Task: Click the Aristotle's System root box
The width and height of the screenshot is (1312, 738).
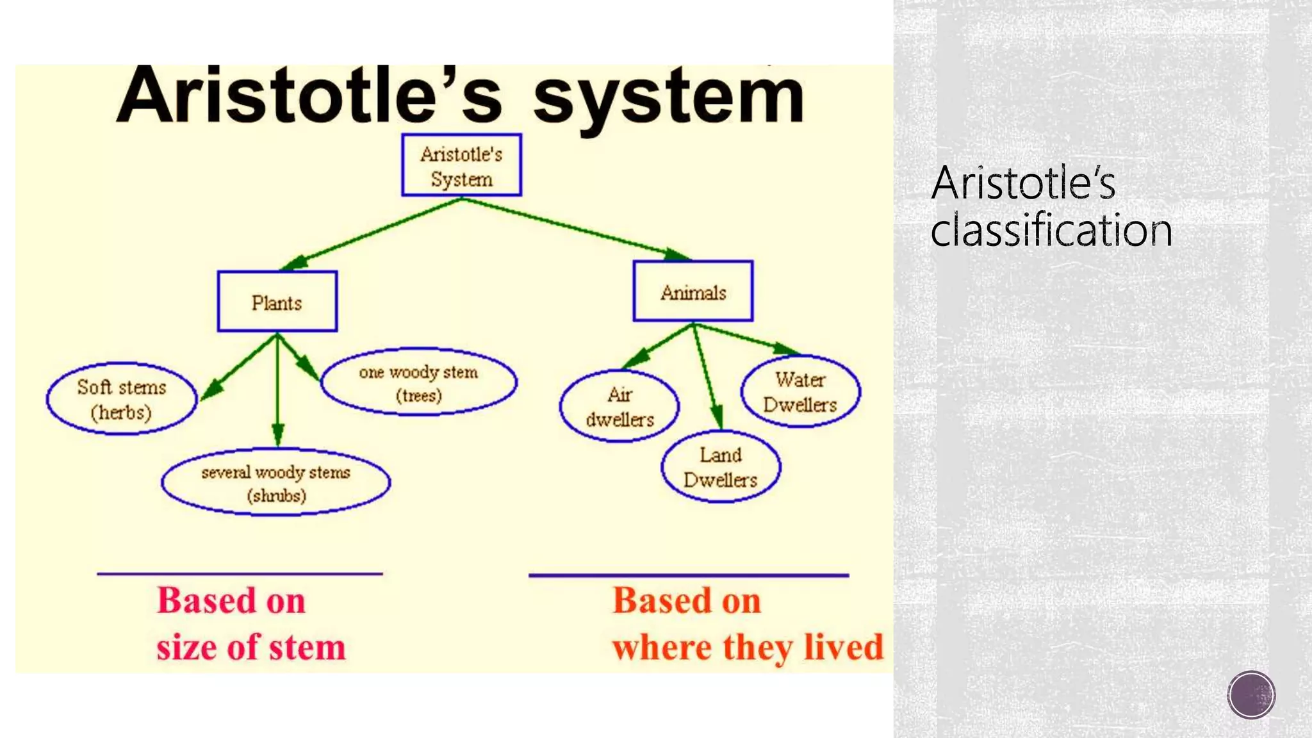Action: tap(461, 165)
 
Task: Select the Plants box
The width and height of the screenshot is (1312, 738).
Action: tap(277, 302)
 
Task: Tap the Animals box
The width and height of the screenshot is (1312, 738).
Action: tap(693, 291)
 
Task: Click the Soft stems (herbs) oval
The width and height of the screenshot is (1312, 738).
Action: tap(122, 399)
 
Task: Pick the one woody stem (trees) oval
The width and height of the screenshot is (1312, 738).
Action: tap(418, 382)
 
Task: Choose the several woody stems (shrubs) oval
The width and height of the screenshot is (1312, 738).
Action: tap(275, 482)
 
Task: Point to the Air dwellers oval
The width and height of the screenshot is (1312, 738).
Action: tap(619, 406)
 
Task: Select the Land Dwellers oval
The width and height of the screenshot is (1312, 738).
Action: tap(720, 466)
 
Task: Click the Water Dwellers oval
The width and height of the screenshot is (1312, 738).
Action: tap(799, 391)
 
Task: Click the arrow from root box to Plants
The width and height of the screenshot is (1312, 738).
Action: tap(372, 234)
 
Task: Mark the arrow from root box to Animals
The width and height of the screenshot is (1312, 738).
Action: tap(577, 228)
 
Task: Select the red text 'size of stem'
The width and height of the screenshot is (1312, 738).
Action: tap(250, 647)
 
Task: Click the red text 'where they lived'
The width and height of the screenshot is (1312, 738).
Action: tap(747, 647)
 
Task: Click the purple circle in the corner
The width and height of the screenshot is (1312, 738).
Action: tap(1251, 694)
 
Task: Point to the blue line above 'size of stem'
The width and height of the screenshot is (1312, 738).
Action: tap(240, 574)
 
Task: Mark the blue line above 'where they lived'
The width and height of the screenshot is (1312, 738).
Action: tap(689, 575)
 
